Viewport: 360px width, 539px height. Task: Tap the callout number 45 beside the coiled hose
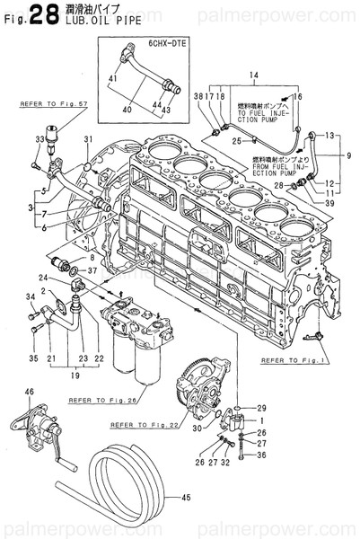(187, 498)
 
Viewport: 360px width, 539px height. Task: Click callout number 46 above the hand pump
(29, 392)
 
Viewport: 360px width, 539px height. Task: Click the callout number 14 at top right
(253, 73)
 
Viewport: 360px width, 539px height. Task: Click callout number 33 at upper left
(39, 139)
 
